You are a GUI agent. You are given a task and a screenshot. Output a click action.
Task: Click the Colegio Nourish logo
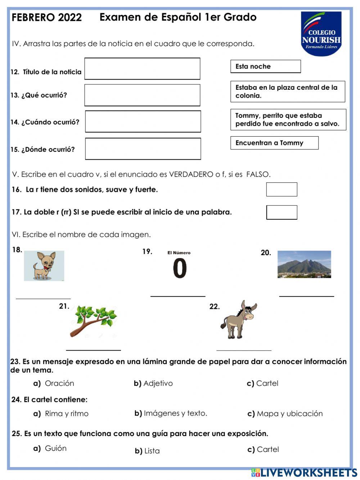coord(321,34)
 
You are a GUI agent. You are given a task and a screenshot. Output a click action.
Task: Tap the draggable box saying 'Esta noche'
coord(265,66)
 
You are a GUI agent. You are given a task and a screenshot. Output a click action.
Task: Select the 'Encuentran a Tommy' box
coord(274,143)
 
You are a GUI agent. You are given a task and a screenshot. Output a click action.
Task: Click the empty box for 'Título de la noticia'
coord(142,68)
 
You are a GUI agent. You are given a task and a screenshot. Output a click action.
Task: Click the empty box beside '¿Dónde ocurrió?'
coord(143,149)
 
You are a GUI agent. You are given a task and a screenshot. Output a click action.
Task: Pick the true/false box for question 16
coord(282,189)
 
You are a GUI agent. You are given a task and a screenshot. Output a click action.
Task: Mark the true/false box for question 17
coord(282,212)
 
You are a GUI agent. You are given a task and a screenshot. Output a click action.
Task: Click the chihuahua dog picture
coord(44,266)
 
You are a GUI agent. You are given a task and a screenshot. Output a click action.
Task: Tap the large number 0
coord(180,268)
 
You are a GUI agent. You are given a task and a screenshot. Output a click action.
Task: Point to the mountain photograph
coord(304,264)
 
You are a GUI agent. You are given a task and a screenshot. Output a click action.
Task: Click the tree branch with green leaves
coord(94,321)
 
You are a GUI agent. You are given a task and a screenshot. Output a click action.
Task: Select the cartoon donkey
coord(238,319)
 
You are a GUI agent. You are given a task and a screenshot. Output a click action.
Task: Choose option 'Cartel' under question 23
coord(267,383)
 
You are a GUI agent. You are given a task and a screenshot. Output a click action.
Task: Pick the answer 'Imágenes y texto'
coord(175,413)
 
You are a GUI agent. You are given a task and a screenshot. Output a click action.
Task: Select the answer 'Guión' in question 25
coord(55,448)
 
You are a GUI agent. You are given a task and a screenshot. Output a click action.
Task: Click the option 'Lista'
coord(152,451)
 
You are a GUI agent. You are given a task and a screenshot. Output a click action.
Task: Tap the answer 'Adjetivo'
coord(158,383)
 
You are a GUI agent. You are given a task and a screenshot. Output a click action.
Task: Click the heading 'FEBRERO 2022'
coord(46,17)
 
